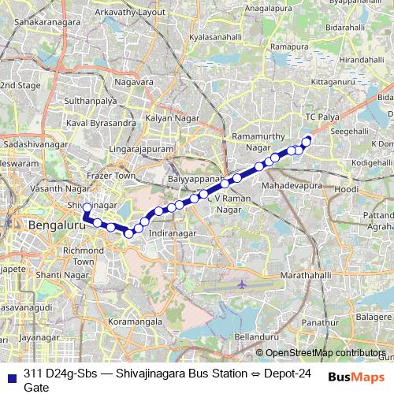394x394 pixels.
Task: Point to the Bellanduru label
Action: pyautogui.click(x=256, y=336)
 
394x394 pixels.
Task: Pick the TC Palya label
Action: pyautogui.click(x=322, y=117)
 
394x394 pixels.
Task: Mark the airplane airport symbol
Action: pyautogui.click(x=242, y=260)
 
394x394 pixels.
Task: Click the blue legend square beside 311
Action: pyautogui.click(x=11, y=374)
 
